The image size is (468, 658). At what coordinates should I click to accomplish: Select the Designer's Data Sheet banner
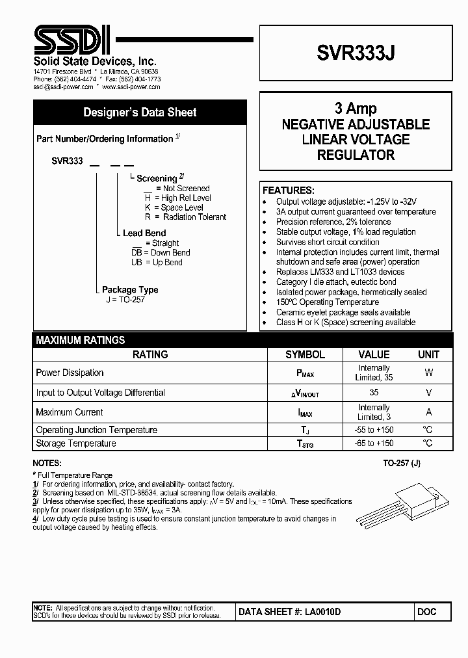140,112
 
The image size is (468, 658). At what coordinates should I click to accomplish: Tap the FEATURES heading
288,191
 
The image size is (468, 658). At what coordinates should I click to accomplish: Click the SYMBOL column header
305,354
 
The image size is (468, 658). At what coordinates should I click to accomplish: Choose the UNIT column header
428,354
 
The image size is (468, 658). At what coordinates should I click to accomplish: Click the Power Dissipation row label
70,373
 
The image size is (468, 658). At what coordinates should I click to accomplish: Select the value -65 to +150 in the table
374,443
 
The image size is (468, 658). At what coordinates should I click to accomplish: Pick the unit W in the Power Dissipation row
428,373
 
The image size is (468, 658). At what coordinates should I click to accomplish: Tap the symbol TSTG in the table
305,444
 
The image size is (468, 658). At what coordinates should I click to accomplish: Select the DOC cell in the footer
427,612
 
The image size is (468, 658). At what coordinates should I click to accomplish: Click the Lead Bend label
144,233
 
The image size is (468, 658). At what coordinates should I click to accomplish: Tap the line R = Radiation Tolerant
185,217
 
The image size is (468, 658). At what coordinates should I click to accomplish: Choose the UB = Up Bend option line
157,263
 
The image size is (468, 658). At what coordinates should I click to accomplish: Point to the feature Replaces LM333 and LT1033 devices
340,272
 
